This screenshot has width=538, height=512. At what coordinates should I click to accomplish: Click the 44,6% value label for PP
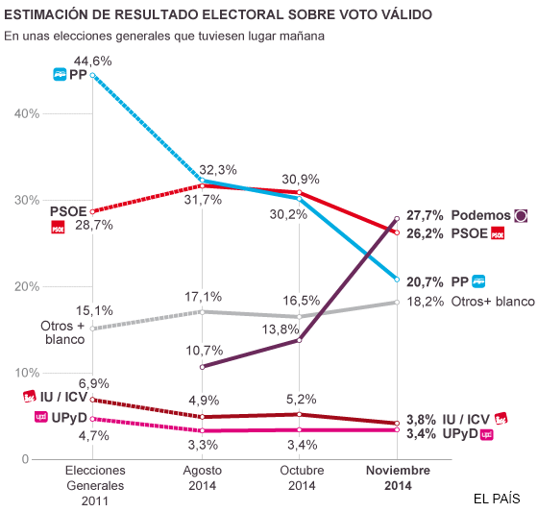tap(93, 60)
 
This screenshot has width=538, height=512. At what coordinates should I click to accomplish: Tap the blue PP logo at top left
tap(60, 74)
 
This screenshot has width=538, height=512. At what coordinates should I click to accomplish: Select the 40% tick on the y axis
tap(26, 113)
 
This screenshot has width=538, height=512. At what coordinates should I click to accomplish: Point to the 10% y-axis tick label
tap(26, 373)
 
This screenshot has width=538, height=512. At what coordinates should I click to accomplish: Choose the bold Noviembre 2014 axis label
tap(398, 478)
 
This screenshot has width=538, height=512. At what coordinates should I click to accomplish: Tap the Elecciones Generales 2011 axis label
tap(94, 486)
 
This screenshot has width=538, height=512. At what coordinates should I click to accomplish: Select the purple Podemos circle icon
tap(522, 215)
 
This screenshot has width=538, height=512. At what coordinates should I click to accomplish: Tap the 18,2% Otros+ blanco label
tap(469, 301)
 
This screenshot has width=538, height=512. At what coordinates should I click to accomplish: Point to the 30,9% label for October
tap(300, 179)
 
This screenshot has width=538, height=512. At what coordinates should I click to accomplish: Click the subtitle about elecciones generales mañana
tap(164, 37)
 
